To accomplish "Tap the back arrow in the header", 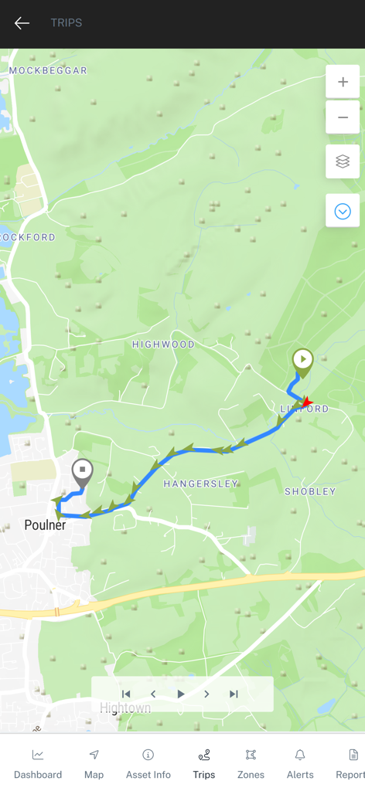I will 22,23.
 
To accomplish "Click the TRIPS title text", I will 67,23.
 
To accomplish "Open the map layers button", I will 343,161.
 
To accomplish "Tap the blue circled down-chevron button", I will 343,211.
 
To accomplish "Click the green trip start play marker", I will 302,361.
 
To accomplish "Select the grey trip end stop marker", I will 82,470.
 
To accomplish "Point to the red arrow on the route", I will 306,402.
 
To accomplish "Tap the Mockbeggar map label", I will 48,70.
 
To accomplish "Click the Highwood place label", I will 163,345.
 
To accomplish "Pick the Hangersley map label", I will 201,484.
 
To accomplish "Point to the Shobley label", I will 310,491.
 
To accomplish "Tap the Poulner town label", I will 45,525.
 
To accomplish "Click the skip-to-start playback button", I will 126,694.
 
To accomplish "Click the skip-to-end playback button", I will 234,694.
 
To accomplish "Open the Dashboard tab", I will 38,762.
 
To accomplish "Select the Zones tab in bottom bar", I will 251,762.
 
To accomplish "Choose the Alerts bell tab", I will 300,762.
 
